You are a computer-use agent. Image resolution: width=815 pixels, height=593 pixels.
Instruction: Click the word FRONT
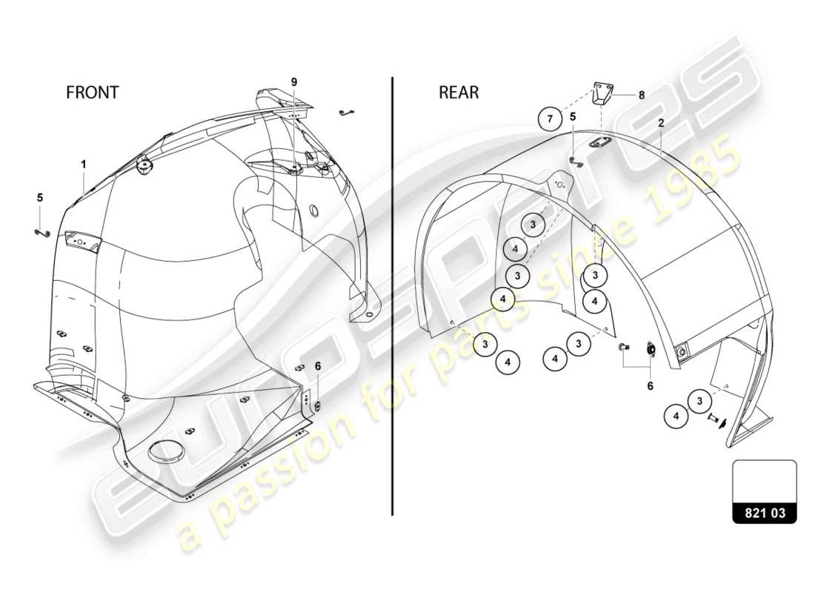coord(92,93)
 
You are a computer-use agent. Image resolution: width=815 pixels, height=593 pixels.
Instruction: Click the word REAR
coord(459,93)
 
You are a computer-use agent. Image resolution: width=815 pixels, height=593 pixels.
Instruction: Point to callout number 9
coord(294,82)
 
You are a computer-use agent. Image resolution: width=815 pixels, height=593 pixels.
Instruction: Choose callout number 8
coord(642,95)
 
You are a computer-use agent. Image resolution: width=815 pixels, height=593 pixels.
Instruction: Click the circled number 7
coord(549,118)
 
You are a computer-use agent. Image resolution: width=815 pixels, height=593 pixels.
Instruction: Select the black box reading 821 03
coord(765,512)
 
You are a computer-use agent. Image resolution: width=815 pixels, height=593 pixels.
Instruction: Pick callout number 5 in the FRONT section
coord(40,198)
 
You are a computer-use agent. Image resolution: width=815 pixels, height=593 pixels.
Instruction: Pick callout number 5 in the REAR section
coord(573,116)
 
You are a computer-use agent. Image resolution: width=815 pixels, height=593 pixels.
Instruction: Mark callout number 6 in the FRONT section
coord(318,365)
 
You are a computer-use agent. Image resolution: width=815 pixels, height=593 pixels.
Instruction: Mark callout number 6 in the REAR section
coord(651,386)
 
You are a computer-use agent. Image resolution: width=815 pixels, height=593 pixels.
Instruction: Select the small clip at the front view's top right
coord(345,113)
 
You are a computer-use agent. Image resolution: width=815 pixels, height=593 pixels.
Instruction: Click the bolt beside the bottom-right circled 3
coord(714,418)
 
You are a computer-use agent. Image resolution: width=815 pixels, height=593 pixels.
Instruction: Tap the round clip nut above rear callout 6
coord(651,349)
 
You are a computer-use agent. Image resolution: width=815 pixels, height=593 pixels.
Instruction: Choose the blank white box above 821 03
coord(765,480)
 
